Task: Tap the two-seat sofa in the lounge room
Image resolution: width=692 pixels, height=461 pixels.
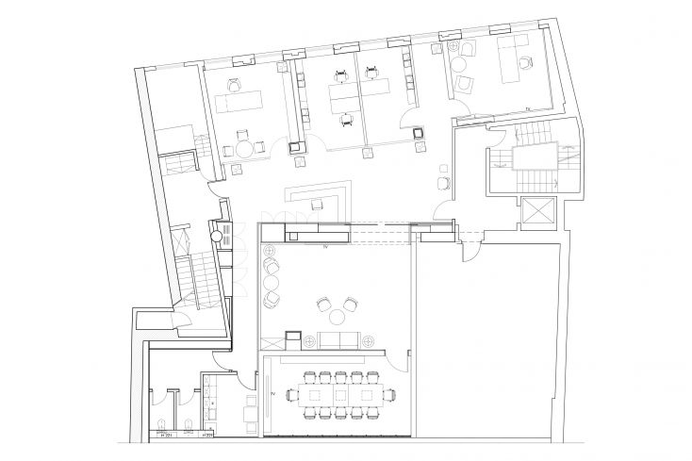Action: [x=333, y=340]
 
